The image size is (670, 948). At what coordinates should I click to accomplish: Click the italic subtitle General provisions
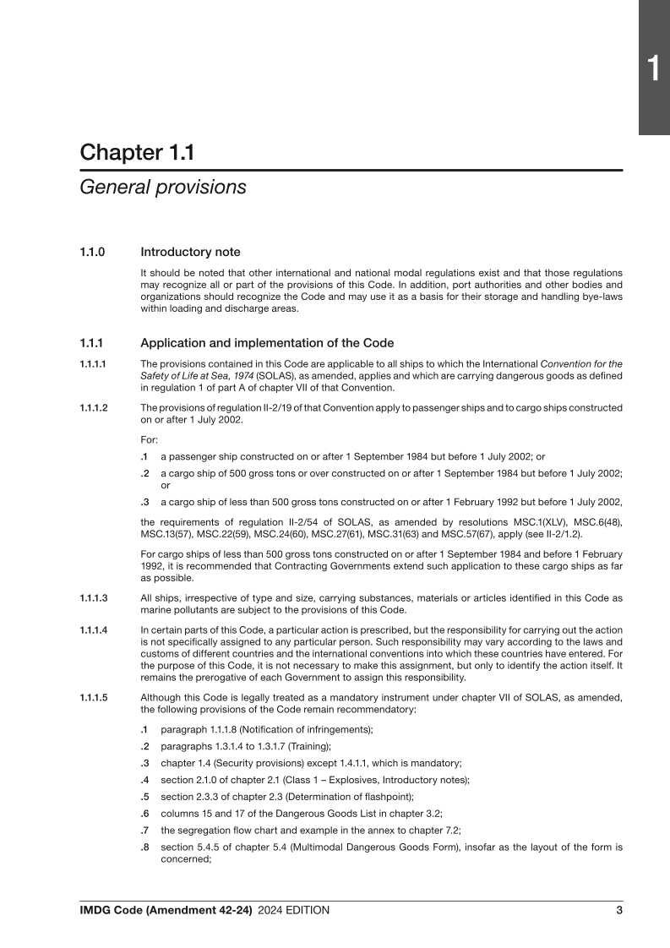pos(163,188)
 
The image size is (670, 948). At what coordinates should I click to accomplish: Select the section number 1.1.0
pos(93,252)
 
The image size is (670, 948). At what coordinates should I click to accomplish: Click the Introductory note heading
pos(190,252)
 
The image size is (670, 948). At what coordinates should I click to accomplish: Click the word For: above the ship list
pos(149,439)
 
